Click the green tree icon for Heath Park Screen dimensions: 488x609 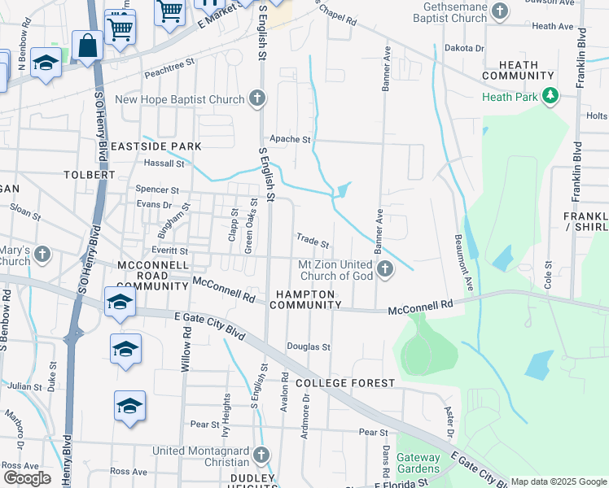pos(551,97)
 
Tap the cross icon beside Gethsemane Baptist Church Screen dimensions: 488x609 pos(501,11)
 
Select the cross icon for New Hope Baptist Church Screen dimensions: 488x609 pos(257,100)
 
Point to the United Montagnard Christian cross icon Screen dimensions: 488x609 pos(261,455)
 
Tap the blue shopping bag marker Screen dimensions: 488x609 pos(87,46)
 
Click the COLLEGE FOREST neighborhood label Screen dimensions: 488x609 pos(345,382)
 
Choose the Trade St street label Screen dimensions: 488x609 pos(313,242)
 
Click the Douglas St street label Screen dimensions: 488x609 pos(308,346)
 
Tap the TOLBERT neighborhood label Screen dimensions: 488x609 pos(89,175)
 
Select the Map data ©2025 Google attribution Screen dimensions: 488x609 pos(558,481)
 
